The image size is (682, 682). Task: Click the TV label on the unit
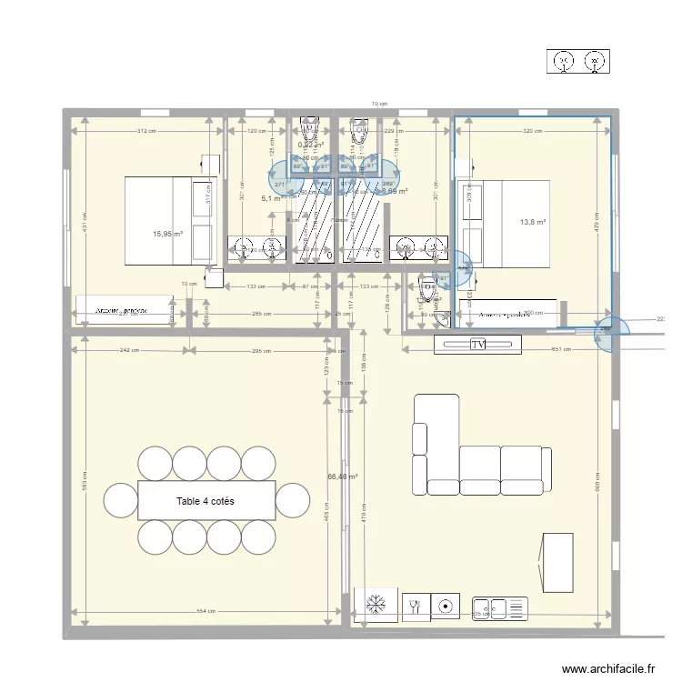tap(477, 345)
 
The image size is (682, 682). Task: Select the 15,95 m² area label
tap(168, 234)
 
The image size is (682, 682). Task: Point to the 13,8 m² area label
tap(533, 222)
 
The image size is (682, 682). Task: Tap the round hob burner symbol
tap(446, 605)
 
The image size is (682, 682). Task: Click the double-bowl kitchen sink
tap(499, 607)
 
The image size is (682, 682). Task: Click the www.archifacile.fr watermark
tap(609, 668)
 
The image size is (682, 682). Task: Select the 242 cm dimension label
tap(128, 350)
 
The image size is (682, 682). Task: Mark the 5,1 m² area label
tap(272, 198)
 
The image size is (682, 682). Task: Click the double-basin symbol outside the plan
tap(579, 62)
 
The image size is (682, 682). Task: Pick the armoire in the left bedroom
tap(125, 309)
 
